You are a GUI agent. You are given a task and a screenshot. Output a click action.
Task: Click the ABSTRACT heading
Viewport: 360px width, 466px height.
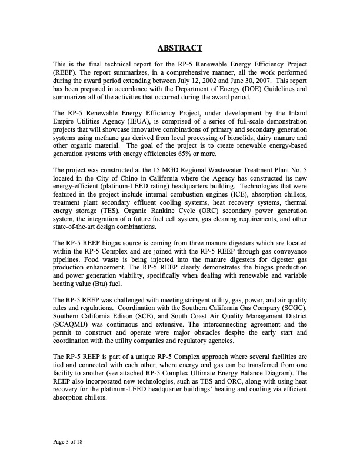(180, 48)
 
